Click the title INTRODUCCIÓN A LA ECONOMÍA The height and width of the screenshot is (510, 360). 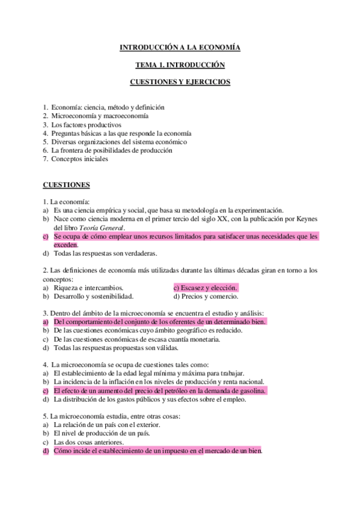pyautogui.click(x=180, y=47)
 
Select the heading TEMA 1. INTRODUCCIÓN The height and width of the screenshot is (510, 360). pyautogui.click(x=180, y=64)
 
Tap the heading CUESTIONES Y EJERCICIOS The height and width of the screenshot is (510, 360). pyautogui.click(x=180, y=82)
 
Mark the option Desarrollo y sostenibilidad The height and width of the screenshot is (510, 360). pyautogui.click(x=93, y=296)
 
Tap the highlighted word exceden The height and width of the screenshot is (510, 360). pyautogui.click(x=66, y=245)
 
